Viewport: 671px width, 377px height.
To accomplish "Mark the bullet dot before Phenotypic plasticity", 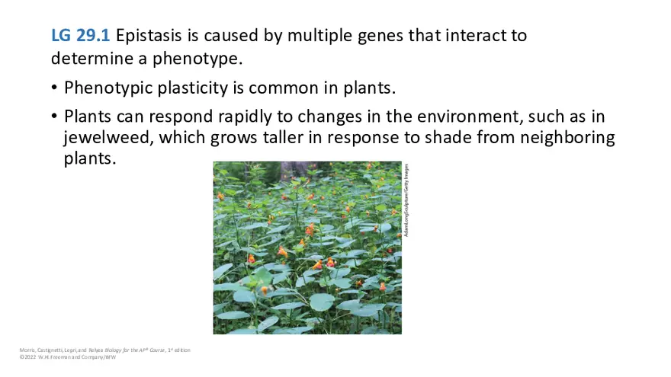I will (54, 88).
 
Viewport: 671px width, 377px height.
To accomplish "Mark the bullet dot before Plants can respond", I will (54, 117).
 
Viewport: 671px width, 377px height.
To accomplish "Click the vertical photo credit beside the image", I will (407, 200).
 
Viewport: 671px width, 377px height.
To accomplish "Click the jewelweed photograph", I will (307, 248).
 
